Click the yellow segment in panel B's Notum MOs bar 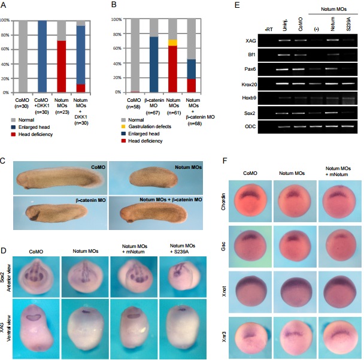click(173, 43)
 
